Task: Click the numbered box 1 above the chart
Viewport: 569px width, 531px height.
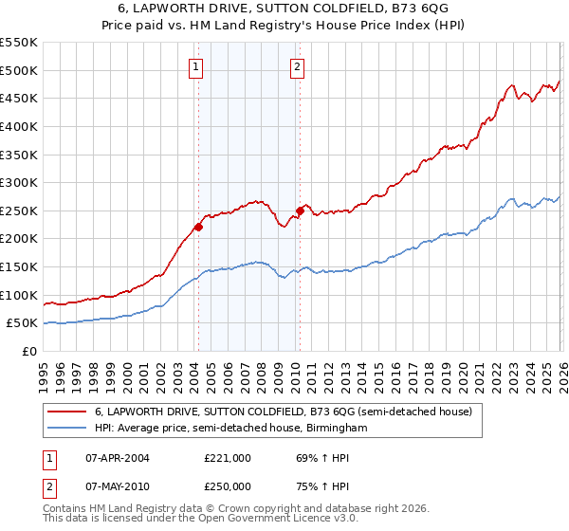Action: pyautogui.click(x=195, y=66)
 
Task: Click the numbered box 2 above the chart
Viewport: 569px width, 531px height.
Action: pyautogui.click(x=297, y=66)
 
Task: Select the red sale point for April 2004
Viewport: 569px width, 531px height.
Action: pyautogui.click(x=198, y=227)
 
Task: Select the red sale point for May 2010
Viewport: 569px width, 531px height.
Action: pyautogui.click(x=300, y=211)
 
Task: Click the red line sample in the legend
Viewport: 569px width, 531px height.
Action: pyautogui.click(x=67, y=412)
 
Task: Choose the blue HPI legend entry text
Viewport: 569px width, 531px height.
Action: pyautogui.click(x=230, y=429)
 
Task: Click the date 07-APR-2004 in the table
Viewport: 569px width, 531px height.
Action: pyautogui.click(x=117, y=458)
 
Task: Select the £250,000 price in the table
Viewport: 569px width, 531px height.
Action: pyautogui.click(x=228, y=486)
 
